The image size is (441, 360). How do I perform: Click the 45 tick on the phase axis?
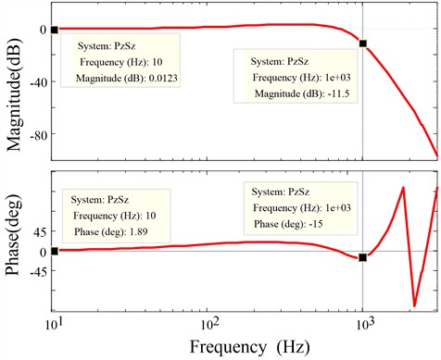coord(37,231)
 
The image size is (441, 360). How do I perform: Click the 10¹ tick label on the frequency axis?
coord(55,327)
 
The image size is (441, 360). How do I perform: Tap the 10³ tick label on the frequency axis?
coord(363,327)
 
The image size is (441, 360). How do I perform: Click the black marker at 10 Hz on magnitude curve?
coord(55,30)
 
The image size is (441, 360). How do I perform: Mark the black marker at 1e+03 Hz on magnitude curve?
coord(363,43)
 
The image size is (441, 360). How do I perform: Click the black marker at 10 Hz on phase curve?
coord(55,251)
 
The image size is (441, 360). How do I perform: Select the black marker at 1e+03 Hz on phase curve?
coord(363,257)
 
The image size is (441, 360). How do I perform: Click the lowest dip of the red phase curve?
coord(414,305)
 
